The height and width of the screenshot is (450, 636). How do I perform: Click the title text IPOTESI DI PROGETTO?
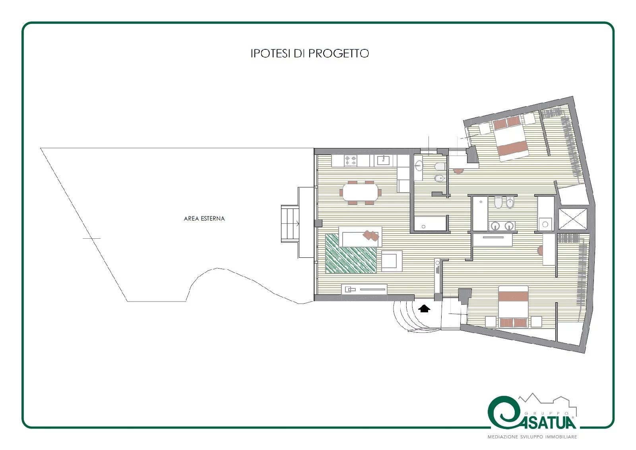click(x=310, y=53)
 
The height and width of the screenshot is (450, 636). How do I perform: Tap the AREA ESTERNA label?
click(x=204, y=218)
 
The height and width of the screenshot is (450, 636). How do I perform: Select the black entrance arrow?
click(x=424, y=308)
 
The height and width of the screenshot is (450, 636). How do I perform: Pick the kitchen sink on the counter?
click(x=384, y=161)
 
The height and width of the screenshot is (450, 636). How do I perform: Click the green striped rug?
click(x=351, y=253)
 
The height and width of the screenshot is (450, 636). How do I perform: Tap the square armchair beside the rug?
click(x=391, y=261)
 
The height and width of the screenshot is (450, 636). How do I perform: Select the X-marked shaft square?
click(x=573, y=219)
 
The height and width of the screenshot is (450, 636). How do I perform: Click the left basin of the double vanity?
click(x=496, y=226)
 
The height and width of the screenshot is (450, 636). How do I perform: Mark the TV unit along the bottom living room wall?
click(x=364, y=289)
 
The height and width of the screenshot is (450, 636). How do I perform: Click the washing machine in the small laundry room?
click(x=545, y=224)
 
